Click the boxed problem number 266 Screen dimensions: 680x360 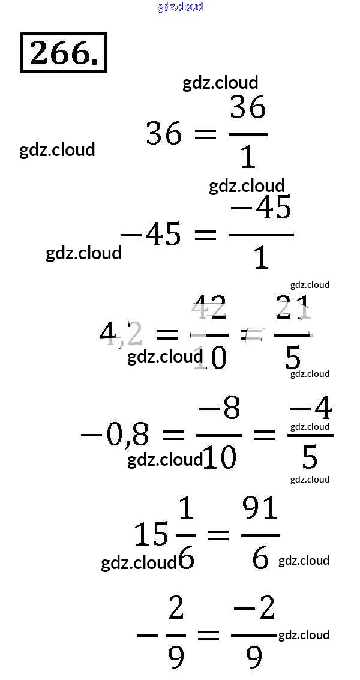click(63, 53)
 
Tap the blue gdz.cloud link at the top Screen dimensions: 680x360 click(180, 7)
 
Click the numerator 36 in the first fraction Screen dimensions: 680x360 click(248, 109)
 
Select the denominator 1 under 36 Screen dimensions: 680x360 click(248, 157)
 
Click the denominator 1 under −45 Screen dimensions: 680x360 click(261, 258)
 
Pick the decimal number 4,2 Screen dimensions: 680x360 click(121, 334)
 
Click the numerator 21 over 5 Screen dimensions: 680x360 click(293, 308)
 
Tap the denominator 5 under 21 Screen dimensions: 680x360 click(293, 358)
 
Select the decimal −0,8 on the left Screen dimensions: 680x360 click(115, 434)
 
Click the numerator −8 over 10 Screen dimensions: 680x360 click(219, 409)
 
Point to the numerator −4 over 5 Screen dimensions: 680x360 click(310, 409)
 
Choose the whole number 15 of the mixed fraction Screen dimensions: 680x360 click(151, 534)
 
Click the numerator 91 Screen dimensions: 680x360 click(260, 510)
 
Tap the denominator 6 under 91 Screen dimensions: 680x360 click(260, 559)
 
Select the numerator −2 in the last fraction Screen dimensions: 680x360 click(254, 609)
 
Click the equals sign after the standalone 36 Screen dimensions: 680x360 click(205, 134)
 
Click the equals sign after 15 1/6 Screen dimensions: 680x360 click(218, 534)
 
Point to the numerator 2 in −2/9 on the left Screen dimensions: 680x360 click(176, 609)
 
